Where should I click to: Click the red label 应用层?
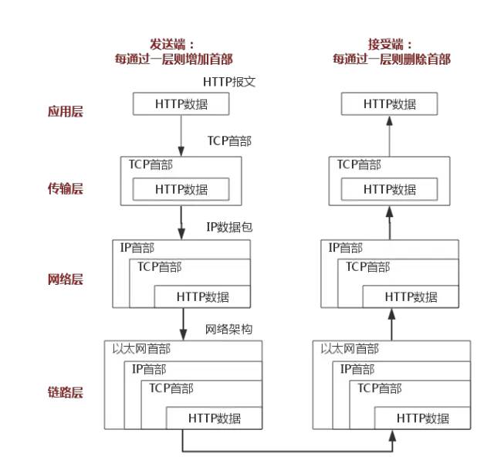[x=65, y=111]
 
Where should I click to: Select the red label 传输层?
[x=65, y=188]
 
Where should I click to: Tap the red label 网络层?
[x=65, y=279]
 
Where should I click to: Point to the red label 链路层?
[x=65, y=392]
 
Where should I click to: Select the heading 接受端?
[x=391, y=44]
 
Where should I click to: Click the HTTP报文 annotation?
[x=229, y=82]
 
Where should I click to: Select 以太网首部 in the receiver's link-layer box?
[x=350, y=349]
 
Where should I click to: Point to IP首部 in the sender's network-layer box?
[x=137, y=248]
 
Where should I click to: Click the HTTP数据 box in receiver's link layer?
[x=423, y=418]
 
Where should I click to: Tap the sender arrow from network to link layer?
[x=183, y=323]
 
